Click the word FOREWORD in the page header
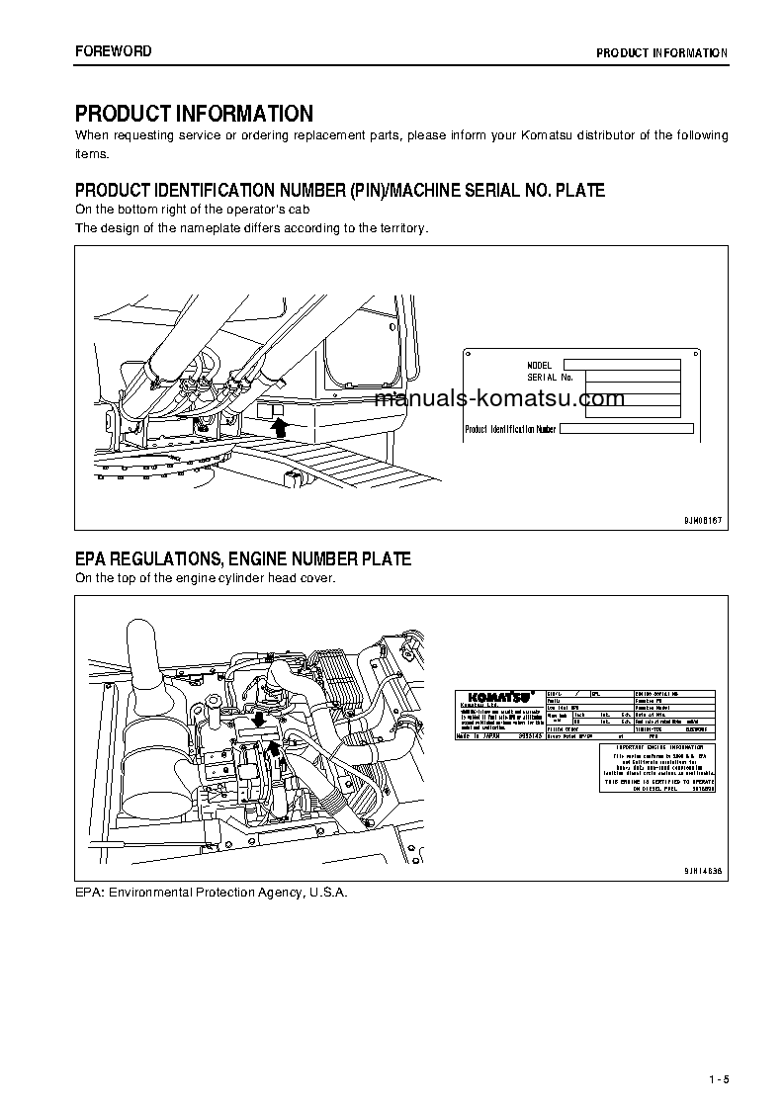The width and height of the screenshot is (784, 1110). click(x=114, y=51)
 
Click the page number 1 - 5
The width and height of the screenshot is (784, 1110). click(x=718, y=1078)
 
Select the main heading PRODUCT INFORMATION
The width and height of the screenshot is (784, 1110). click(x=194, y=114)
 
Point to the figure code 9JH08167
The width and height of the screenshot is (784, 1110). click(x=702, y=519)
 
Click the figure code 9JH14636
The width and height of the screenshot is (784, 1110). click(x=702, y=871)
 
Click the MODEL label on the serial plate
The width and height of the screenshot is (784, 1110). click(x=540, y=365)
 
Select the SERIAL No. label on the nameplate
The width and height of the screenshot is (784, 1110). click(x=550, y=377)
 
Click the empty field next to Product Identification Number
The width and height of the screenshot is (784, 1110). click(x=627, y=429)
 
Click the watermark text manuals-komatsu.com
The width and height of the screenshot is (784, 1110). click(x=500, y=399)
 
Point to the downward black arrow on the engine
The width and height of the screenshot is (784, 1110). click(x=258, y=718)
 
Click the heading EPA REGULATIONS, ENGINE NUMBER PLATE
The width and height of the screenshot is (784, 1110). click(x=243, y=559)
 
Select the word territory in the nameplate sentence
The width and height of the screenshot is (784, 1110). click(x=400, y=227)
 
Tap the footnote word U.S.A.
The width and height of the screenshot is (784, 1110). click(x=327, y=892)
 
